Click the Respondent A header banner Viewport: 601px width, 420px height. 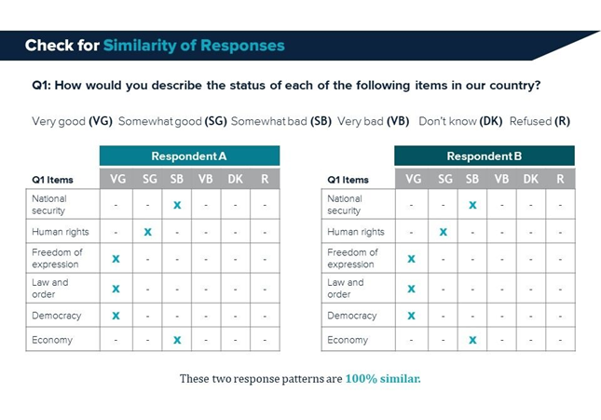click(x=189, y=156)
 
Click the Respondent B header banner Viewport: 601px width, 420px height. click(x=485, y=156)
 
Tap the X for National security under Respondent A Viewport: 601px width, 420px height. click(x=177, y=205)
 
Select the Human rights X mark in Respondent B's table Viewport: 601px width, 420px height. click(x=444, y=232)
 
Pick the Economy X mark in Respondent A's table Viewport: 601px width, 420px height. click(x=177, y=340)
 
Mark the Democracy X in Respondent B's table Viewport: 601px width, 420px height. click(x=411, y=316)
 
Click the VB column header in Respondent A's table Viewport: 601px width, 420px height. click(x=205, y=179)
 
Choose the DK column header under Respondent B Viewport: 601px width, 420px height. click(x=530, y=179)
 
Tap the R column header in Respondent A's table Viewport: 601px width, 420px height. click(x=265, y=179)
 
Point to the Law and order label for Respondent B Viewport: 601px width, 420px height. click(x=346, y=288)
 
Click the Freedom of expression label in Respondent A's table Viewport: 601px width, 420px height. click(x=57, y=258)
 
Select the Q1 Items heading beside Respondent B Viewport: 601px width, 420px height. click(x=348, y=180)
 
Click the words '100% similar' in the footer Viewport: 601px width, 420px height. click(x=383, y=379)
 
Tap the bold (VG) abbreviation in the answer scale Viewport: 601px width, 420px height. click(x=101, y=121)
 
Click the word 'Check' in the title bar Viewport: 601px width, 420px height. click(x=49, y=46)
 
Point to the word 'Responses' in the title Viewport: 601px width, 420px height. click(x=242, y=46)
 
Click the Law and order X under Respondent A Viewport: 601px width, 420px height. click(x=116, y=289)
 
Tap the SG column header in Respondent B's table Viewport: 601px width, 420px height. click(x=445, y=179)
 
